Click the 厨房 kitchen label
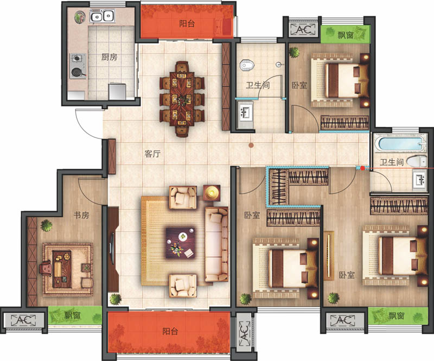[109, 57]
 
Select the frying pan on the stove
[77, 72]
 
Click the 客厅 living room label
[152, 154]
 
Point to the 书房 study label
[81, 215]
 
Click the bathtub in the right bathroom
[400, 143]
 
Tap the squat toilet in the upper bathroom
[246, 65]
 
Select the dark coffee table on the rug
[181, 243]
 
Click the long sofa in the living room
[216, 244]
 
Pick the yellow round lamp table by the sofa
[212, 193]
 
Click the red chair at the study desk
[46, 269]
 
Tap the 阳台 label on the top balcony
[187, 23]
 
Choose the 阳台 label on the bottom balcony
[170, 331]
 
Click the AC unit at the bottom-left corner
[23, 320]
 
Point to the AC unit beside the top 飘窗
[303, 30]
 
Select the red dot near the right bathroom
[362, 168]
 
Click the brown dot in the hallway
[251, 145]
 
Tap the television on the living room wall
[112, 249]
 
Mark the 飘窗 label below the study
[72, 315]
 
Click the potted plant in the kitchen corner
[80, 17]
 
